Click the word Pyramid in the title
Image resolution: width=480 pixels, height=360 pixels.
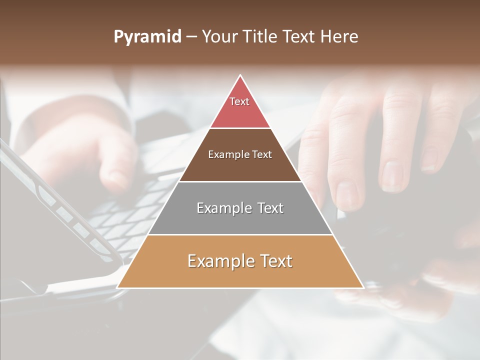pyautogui.click(x=147, y=37)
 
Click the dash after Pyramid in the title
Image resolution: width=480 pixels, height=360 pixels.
pyautogui.click(x=191, y=37)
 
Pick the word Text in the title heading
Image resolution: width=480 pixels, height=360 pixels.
pyautogui.click(x=300, y=37)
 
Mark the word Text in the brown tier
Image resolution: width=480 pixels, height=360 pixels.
pyautogui.click(x=262, y=154)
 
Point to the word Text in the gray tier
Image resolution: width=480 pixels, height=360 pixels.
pyautogui.click(x=270, y=208)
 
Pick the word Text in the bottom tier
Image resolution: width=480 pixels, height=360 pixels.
pyautogui.click(x=276, y=261)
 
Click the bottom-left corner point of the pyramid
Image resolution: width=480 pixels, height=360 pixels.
pyautogui.click(x=118, y=287)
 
